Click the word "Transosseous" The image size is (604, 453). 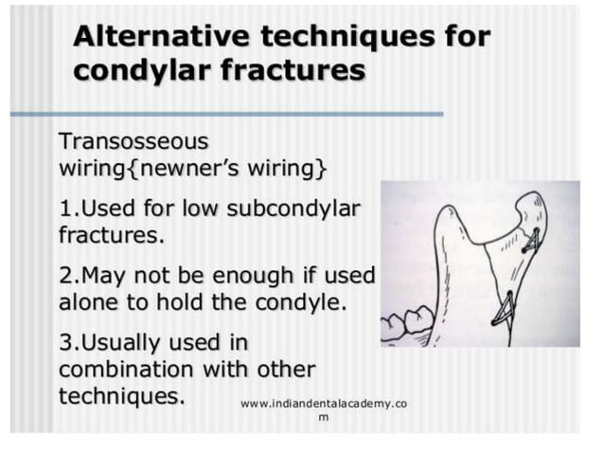click(133, 142)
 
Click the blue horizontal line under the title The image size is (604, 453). click(227, 115)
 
